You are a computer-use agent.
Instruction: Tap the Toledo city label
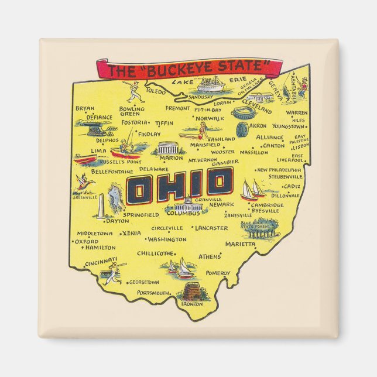pos(156,92)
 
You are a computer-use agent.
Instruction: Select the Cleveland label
pos(256,109)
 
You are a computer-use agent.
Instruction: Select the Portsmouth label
pos(153,293)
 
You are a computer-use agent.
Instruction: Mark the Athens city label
pos(210,256)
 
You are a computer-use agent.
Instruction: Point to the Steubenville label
pos(285,176)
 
